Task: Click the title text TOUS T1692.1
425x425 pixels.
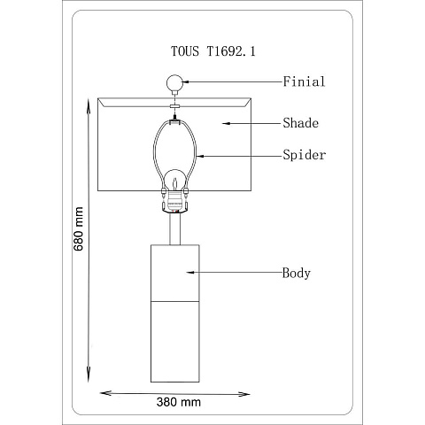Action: (213, 51)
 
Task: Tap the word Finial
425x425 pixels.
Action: (304, 81)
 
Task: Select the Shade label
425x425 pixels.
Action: (301, 123)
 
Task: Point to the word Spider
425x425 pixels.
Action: (305, 155)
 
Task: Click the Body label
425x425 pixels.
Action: (297, 273)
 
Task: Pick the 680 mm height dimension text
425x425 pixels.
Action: (79, 228)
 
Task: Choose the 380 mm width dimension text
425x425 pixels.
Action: (179, 402)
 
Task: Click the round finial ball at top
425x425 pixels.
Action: (174, 82)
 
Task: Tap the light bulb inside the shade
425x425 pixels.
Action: (174, 181)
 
